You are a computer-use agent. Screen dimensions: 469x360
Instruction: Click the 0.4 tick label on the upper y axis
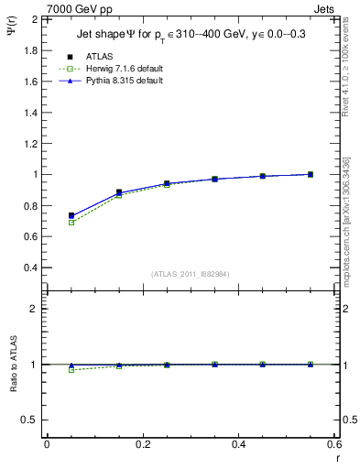pyautogui.click(x=29, y=267)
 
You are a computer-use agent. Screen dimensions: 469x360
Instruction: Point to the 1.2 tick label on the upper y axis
pyautogui.click(x=29, y=143)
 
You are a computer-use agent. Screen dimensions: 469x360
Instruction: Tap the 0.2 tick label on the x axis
pyautogui.click(x=142, y=444)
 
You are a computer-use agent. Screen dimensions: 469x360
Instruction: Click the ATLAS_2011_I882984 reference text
pyautogui.click(x=190, y=274)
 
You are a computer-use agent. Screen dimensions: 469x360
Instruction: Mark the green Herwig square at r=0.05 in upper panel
pyautogui.click(x=71, y=223)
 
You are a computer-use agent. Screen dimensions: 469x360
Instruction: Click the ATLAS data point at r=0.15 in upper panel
pyautogui.click(x=119, y=192)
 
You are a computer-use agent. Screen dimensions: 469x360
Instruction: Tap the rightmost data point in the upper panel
pyautogui.click(x=311, y=174)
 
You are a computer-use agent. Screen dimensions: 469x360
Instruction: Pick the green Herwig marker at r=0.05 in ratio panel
pyautogui.click(x=71, y=370)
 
